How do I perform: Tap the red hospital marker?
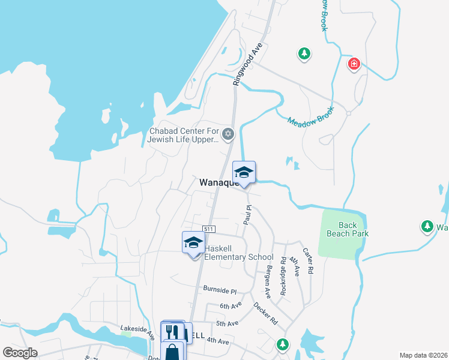354,64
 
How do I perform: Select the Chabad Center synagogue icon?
228,134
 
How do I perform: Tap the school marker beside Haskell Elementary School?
193,244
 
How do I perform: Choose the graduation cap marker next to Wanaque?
244,173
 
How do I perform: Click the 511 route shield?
209,230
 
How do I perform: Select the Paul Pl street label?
247,215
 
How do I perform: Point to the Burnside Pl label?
220,289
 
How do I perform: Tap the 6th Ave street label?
231,305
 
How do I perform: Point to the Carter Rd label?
308,261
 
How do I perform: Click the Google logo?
20,353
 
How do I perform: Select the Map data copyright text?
423,355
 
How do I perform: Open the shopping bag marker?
172,352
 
